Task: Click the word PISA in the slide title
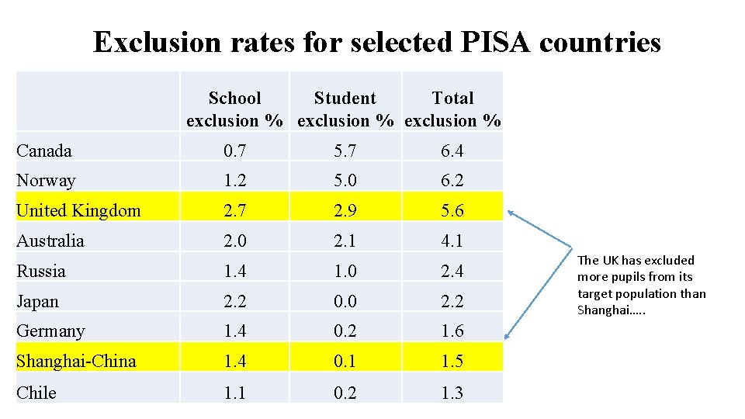[x=493, y=41]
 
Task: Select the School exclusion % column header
[x=234, y=109]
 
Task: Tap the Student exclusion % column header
[x=345, y=109]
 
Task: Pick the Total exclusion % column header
[x=452, y=109]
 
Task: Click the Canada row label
[x=44, y=151]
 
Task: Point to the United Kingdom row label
[x=78, y=210]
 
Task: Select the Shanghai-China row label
[x=76, y=361]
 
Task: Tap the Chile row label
[x=36, y=393]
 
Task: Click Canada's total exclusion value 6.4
[x=452, y=151]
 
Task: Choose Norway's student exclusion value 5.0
[x=345, y=181]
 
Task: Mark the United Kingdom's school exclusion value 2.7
[x=234, y=210]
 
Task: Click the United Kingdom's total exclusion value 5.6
[x=452, y=210]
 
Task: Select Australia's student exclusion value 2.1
[x=345, y=241]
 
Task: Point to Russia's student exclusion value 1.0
[x=345, y=271]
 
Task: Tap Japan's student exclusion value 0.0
[x=345, y=301]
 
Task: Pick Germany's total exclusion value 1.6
[x=452, y=331]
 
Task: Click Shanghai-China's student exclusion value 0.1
[x=345, y=361]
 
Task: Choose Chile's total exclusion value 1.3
[x=452, y=393]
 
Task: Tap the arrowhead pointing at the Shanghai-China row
[x=508, y=336]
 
